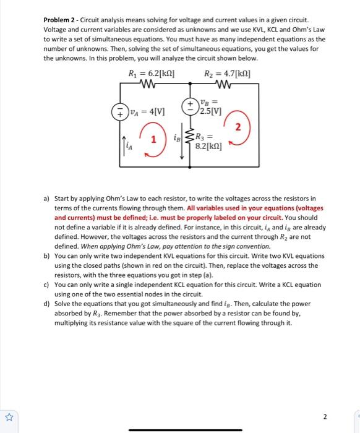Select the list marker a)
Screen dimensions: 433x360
(46, 199)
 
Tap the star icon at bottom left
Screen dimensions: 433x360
(9, 416)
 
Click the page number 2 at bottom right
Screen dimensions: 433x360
(341, 416)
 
